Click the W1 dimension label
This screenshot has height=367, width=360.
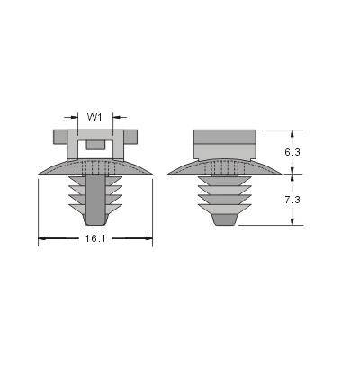coord(94,117)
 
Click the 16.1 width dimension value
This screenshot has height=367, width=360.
coord(95,238)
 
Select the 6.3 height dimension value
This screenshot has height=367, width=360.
coord(292,152)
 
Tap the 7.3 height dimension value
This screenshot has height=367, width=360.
coord(292,200)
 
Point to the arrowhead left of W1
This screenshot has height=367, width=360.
coord(74,117)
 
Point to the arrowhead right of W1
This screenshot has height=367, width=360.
coord(116,117)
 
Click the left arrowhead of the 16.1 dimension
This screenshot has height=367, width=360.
coord(42,238)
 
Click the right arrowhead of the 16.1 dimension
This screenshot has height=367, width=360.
coord(148,238)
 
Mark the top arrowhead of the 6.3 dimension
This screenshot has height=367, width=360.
coord(292,134)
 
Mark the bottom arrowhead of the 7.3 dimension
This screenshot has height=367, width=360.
coord(292,221)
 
